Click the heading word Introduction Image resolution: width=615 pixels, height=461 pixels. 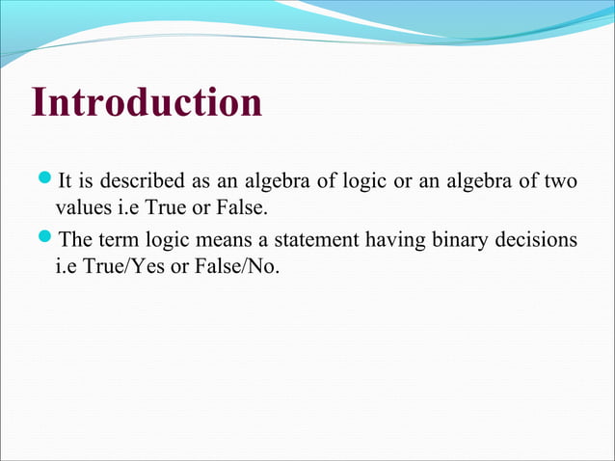(147, 103)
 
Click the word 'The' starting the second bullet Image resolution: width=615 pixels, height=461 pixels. (76, 240)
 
